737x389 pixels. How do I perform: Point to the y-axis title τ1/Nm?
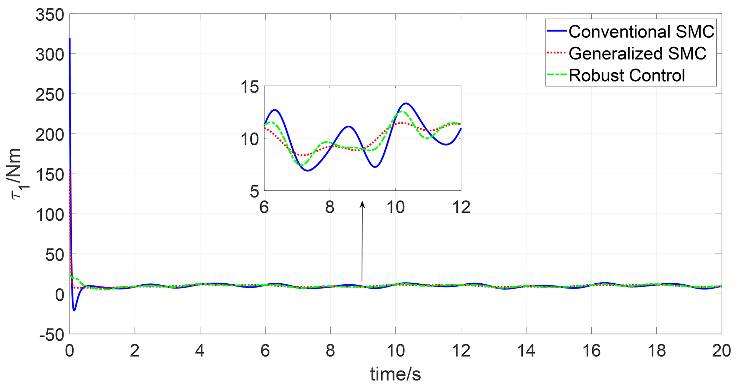(17, 174)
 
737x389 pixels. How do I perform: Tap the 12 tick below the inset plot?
(461, 207)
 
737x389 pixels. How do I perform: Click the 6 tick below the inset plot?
(264, 207)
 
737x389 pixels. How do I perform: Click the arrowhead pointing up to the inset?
(362, 204)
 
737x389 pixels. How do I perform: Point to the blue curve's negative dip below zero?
(74, 310)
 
